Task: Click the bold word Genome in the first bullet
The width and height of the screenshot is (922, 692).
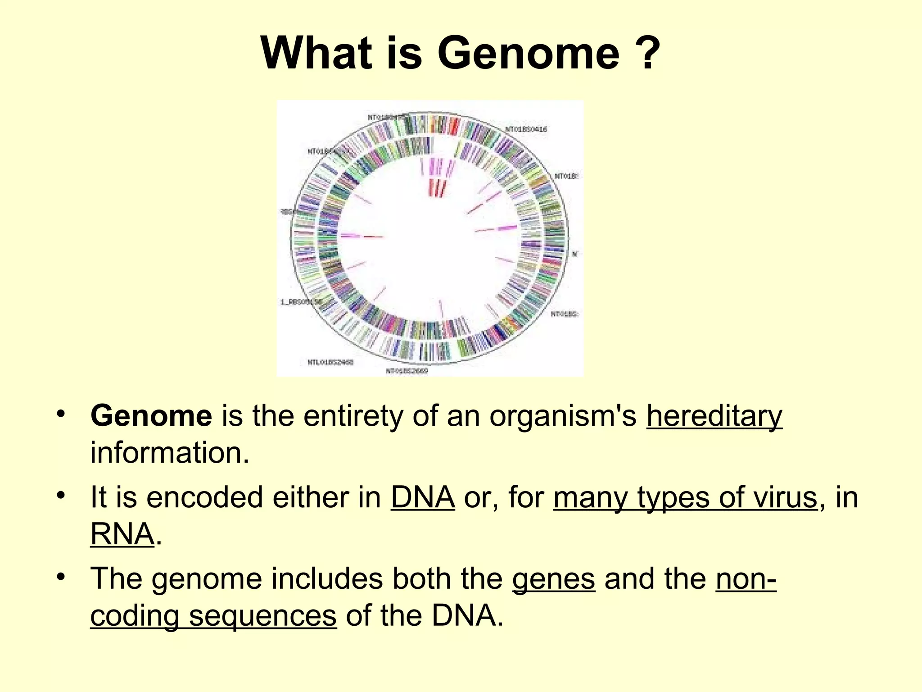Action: coord(151,416)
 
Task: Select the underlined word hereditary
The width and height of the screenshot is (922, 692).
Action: coord(714,416)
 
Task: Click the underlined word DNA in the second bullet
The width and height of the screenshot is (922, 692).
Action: coord(422,498)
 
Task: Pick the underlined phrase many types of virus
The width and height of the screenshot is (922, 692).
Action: coord(685,498)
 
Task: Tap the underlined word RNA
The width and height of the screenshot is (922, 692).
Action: coord(122,535)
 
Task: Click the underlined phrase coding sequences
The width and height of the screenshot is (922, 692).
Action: coord(213,616)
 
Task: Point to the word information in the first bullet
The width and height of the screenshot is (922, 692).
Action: coord(169,453)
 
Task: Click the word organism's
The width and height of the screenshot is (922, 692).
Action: coord(563,416)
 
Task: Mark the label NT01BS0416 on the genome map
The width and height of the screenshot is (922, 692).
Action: coord(526,129)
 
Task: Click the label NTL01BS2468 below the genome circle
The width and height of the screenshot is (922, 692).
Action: coord(331,362)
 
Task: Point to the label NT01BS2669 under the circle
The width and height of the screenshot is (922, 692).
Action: coord(407,371)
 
